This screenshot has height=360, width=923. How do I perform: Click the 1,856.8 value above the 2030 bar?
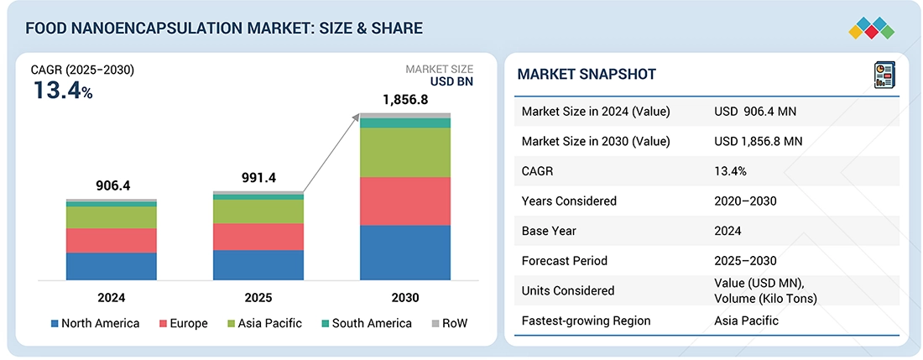click(x=404, y=100)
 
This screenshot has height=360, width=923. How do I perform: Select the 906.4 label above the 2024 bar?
click(x=111, y=185)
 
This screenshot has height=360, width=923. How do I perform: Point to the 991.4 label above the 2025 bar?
click(x=258, y=178)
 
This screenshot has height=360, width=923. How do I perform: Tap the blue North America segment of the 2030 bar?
click(x=405, y=252)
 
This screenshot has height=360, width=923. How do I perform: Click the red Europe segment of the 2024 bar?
click(x=112, y=240)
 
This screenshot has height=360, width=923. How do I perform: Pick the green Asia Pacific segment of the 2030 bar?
click(x=405, y=152)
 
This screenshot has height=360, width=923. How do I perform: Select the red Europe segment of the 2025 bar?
click(x=258, y=237)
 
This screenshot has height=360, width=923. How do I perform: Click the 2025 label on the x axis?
click(x=258, y=297)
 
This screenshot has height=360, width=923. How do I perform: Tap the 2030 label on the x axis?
click(x=404, y=297)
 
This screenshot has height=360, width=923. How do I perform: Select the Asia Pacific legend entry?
click(x=267, y=323)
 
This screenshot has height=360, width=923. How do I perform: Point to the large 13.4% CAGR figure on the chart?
click(x=63, y=91)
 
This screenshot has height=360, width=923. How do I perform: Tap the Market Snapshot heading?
click(x=587, y=75)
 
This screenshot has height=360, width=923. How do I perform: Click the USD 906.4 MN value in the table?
click(x=759, y=112)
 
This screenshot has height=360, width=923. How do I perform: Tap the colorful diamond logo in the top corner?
click(x=871, y=27)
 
